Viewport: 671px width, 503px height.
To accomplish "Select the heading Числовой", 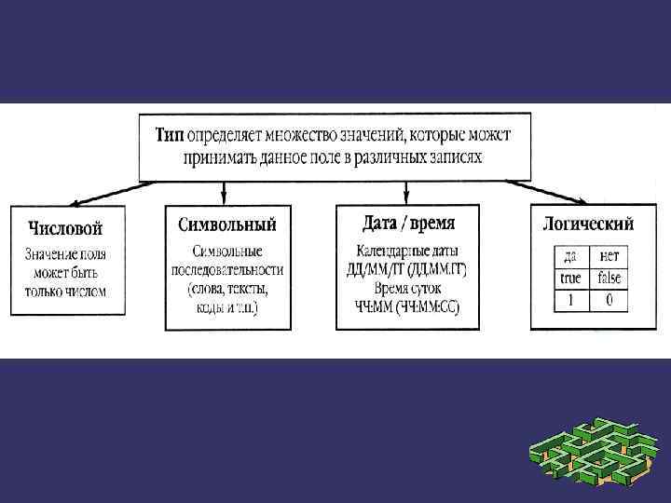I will [x=65, y=227].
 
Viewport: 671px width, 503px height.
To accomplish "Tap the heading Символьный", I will [x=226, y=224].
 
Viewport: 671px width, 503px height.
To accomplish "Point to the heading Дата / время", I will [x=407, y=224].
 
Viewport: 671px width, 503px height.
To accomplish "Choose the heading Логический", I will [x=588, y=224].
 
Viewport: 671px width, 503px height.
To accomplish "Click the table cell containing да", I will [x=570, y=256].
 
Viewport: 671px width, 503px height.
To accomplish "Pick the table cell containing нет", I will [x=609, y=256].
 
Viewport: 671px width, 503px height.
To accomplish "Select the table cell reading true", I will [x=570, y=279].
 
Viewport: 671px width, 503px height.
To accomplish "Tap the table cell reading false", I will [x=609, y=279].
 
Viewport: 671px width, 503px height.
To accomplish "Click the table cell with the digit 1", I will [x=570, y=301].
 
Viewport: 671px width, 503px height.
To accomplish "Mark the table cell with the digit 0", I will [x=609, y=301].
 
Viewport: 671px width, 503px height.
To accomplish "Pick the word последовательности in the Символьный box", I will [x=226, y=270].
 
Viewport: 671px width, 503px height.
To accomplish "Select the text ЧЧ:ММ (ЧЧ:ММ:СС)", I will [x=407, y=307].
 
